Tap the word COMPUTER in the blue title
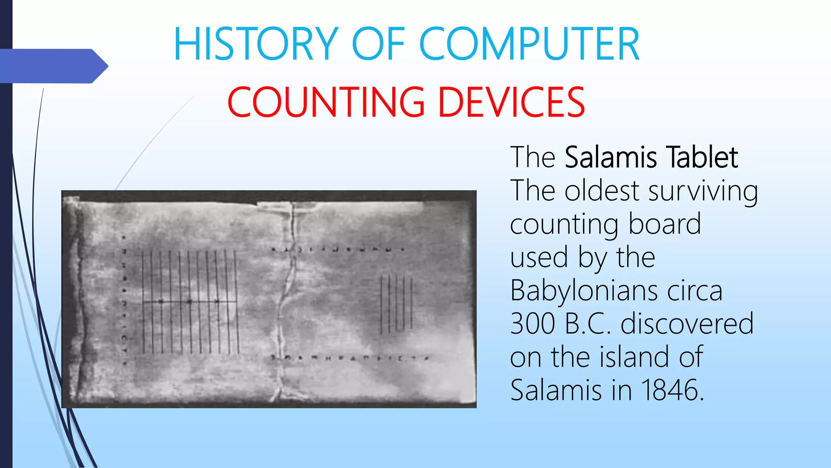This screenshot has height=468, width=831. click(x=529, y=44)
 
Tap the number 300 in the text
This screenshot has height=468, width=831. click(x=532, y=324)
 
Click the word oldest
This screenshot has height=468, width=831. click(x=602, y=191)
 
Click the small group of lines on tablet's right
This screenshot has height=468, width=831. click(x=396, y=303)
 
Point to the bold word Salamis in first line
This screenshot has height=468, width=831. click(x=611, y=157)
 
